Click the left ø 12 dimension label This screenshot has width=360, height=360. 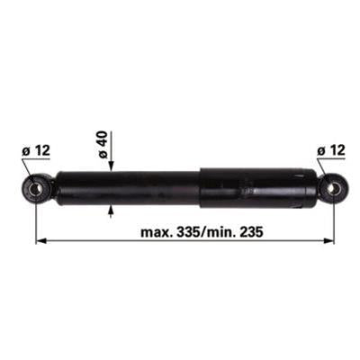point(36,150)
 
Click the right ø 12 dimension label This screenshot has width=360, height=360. point(331,150)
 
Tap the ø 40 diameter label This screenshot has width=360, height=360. point(103,145)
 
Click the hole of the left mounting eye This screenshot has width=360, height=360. point(37,189)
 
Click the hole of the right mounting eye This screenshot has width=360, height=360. point(333,189)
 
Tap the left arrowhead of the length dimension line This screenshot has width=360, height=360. point(40,240)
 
